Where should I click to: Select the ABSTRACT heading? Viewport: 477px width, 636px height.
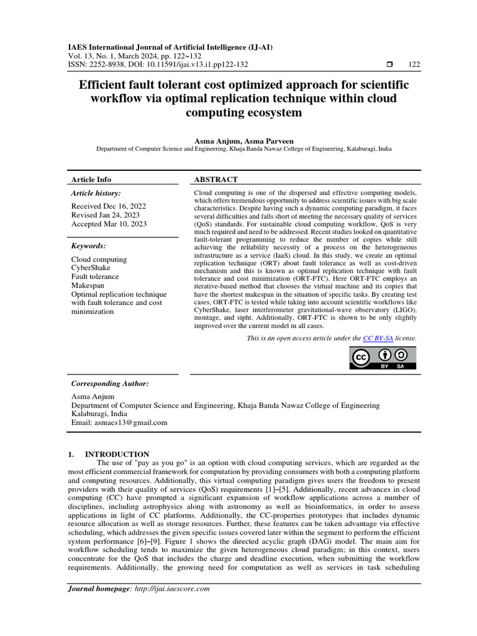tap(216, 179)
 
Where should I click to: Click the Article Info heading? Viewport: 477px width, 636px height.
tap(91, 179)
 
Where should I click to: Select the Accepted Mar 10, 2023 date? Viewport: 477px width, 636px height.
tap(109, 224)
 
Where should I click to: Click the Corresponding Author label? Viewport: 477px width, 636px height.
tap(109, 384)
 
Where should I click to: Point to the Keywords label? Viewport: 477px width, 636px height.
tap(88, 246)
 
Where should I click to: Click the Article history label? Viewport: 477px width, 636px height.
tap(96, 194)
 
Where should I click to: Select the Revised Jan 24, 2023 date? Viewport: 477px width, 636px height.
tap(106, 215)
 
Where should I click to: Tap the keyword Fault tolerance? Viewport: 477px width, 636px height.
tap(95, 277)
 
